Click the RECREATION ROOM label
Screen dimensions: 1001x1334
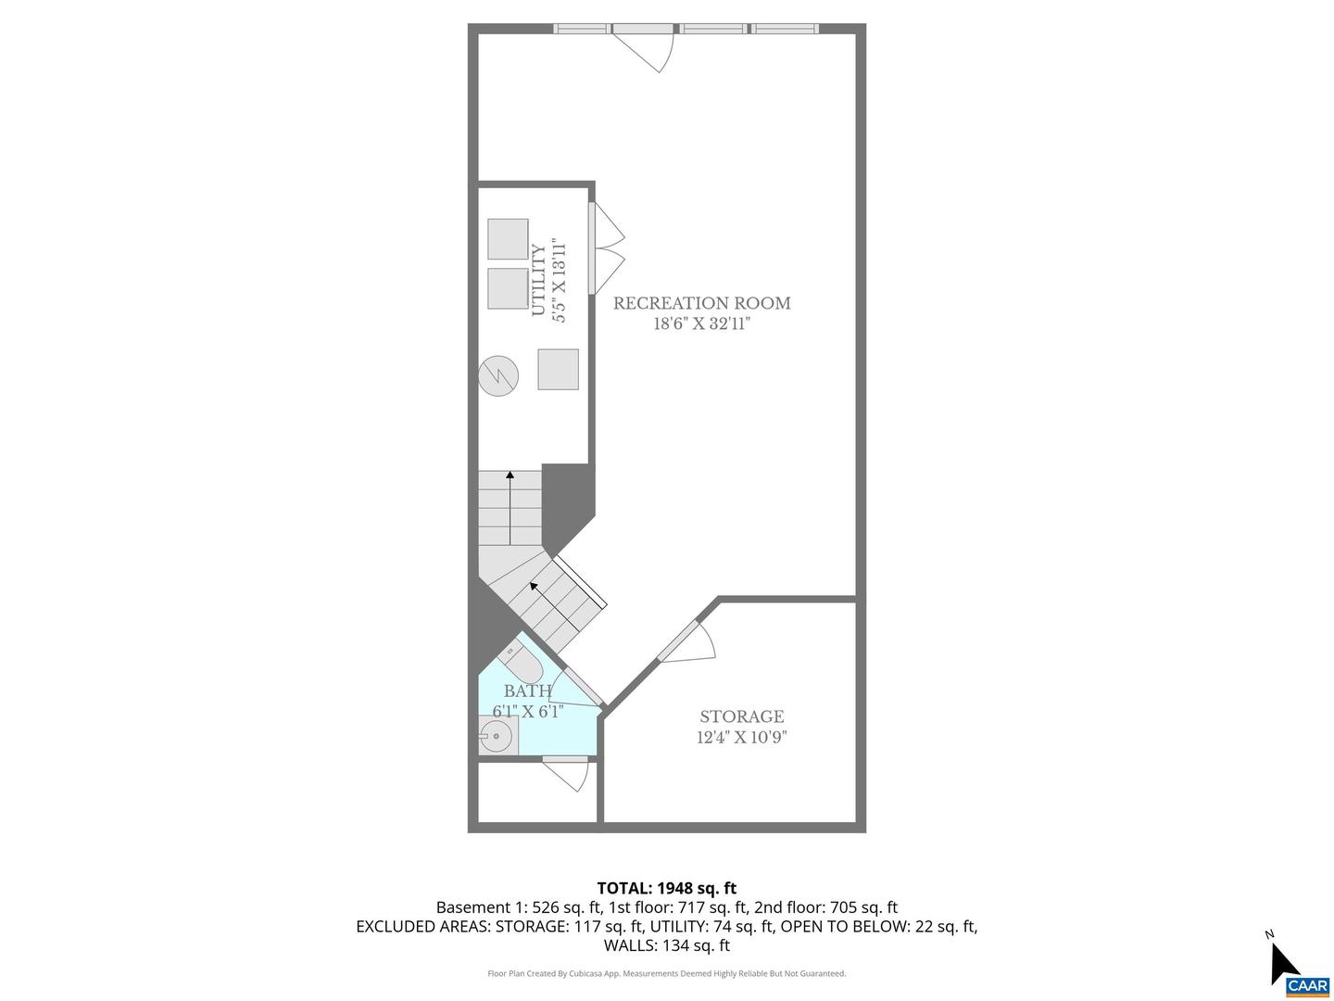pos(701,303)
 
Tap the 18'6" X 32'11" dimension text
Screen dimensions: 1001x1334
pos(701,324)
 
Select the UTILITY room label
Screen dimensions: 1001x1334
pos(538,281)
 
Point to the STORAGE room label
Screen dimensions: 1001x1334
pos(741,716)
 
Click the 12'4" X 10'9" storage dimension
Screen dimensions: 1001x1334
pos(741,738)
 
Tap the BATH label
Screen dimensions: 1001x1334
pos(527,691)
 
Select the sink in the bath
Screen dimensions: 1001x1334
pos(496,738)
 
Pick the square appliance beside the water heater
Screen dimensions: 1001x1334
pos(558,369)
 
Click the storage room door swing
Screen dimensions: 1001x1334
pos(690,640)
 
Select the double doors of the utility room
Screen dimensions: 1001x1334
pos(607,247)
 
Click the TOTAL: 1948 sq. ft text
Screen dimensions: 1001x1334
pos(666,889)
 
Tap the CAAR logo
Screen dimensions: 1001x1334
pos(1307,985)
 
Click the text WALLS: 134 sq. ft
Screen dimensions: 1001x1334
pos(666,945)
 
